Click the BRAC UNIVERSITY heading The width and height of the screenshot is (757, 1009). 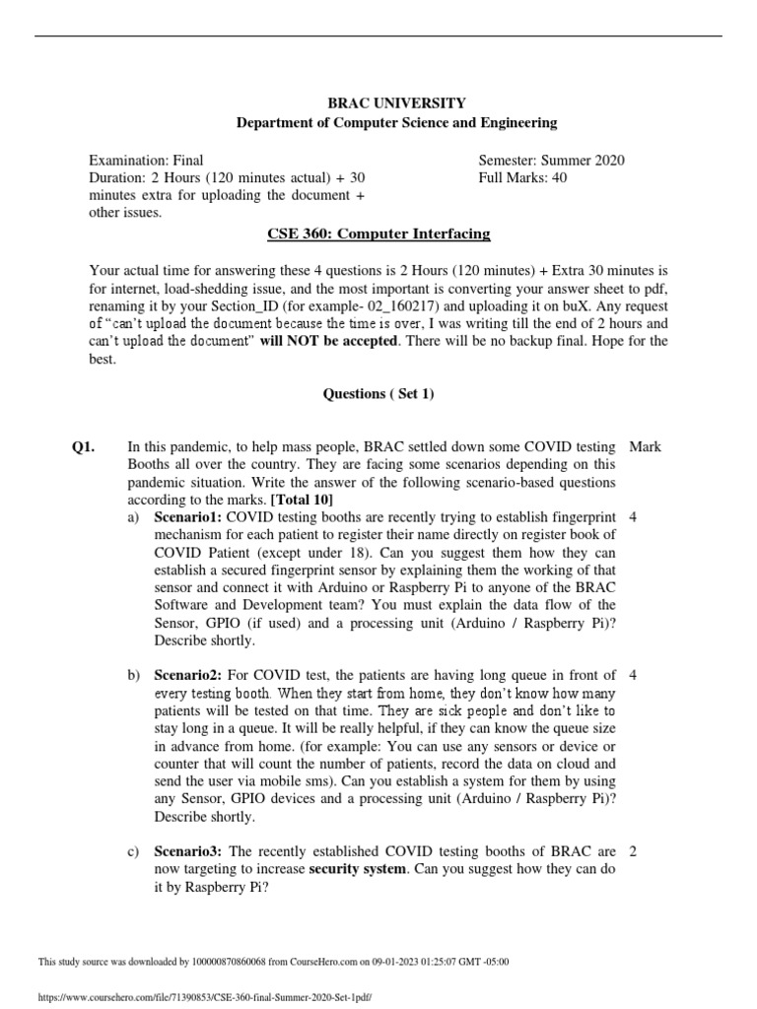pyautogui.click(x=395, y=102)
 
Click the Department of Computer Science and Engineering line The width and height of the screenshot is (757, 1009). pyautogui.click(x=395, y=123)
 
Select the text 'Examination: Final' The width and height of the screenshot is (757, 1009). pyautogui.click(x=147, y=160)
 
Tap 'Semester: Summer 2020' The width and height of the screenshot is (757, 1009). pyautogui.click(x=551, y=160)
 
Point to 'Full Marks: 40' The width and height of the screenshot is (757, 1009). pyautogui.click(x=522, y=177)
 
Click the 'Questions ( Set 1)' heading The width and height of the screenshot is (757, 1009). pyautogui.click(x=378, y=394)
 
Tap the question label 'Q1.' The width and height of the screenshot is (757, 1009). pyautogui.click(x=83, y=446)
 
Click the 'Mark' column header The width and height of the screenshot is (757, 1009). pyautogui.click(x=645, y=446)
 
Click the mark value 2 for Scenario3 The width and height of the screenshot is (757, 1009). pyautogui.click(x=632, y=851)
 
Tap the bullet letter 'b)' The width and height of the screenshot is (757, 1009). pyautogui.click(x=134, y=675)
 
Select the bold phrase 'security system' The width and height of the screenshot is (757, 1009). pyautogui.click(x=357, y=869)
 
